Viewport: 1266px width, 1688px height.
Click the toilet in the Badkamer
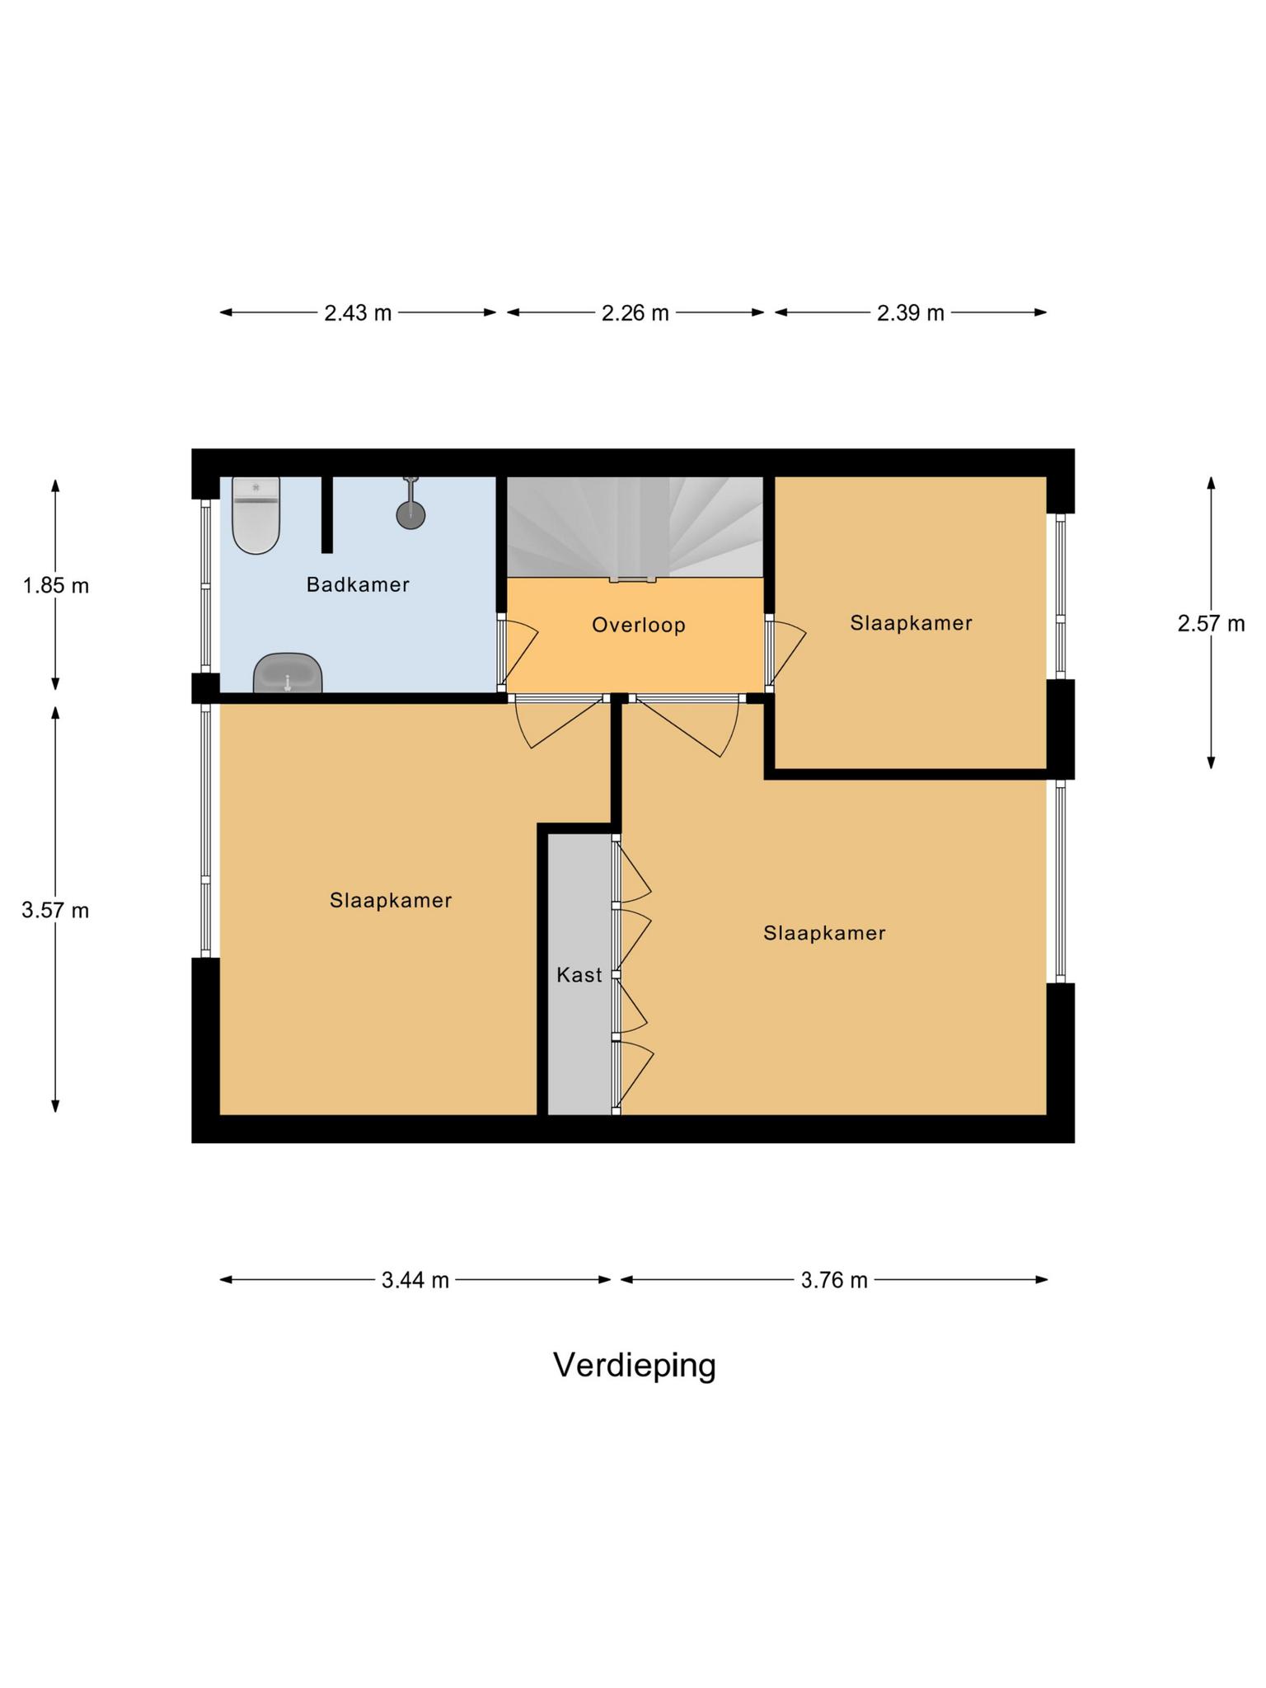pos(256,517)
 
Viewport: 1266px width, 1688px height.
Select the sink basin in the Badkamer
pos(287,673)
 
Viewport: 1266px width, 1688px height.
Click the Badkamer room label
pos(358,585)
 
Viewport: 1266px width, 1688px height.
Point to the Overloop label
pos(638,625)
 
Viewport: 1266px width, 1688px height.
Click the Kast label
pos(579,975)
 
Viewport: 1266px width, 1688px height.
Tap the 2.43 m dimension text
pos(357,313)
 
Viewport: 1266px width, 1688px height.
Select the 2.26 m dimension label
pos(635,313)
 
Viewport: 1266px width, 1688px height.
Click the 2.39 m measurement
pos(910,313)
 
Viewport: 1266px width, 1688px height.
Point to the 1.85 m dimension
pos(55,586)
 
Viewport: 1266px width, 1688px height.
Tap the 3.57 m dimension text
pos(55,911)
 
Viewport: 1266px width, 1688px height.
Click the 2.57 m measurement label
pos(1210,624)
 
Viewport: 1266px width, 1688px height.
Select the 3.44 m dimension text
pos(415,1280)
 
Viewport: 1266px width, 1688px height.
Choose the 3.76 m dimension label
pos(833,1280)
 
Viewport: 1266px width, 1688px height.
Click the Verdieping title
pos(634,1366)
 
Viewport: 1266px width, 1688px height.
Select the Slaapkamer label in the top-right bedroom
pos(911,623)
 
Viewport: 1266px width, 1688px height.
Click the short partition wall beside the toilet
pos(327,514)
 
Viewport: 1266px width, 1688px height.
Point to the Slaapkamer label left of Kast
pos(391,900)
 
